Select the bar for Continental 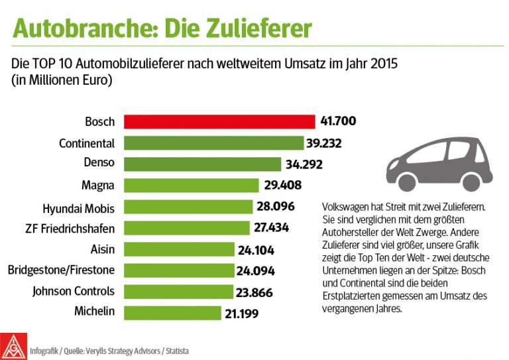(211, 143)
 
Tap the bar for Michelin (172, 312)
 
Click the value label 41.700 (339, 122)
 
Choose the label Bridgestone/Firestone (61, 270)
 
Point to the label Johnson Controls (74, 291)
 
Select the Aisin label (102, 249)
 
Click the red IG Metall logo (15, 345)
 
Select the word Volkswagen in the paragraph (349, 208)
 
